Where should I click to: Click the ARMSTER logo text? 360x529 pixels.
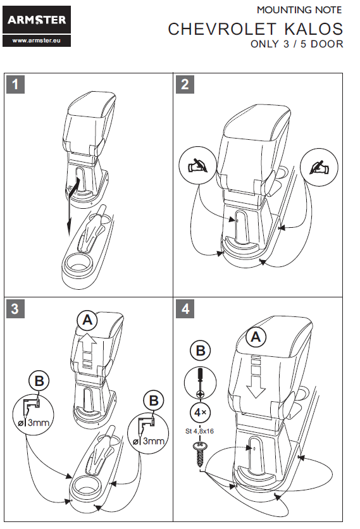pyautogui.click(x=37, y=20)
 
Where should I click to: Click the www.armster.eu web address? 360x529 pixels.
pyautogui.click(x=37, y=40)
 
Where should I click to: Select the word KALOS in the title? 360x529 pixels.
pyautogui.click(x=314, y=29)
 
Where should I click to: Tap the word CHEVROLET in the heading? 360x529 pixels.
pyautogui.click(x=222, y=29)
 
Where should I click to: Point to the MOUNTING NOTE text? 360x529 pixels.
pyautogui.click(x=299, y=10)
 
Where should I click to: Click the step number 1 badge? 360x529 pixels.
pyautogui.click(x=15, y=84)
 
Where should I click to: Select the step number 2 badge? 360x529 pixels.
pyautogui.click(x=185, y=84)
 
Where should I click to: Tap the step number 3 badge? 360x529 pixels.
pyautogui.click(x=15, y=309)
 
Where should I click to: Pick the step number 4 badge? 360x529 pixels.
pyautogui.click(x=185, y=309)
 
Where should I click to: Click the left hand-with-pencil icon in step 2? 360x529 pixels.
pyautogui.click(x=197, y=165)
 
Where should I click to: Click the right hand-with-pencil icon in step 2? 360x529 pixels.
pyautogui.click(x=319, y=167)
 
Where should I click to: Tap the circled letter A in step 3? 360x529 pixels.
pyautogui.click(x=87, y=320)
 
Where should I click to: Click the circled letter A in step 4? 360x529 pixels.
pyautogui.click(x=256, y=337)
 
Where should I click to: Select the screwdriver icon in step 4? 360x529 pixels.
pyautogui.click(x=201, y=383)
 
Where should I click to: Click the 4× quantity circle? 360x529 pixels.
pyautogui.click(x=201, y=413)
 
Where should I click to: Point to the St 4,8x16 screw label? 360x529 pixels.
pyautogui.click(x=199, y=431)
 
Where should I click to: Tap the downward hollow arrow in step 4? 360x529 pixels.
pyautogui.click(x=256, y=378)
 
